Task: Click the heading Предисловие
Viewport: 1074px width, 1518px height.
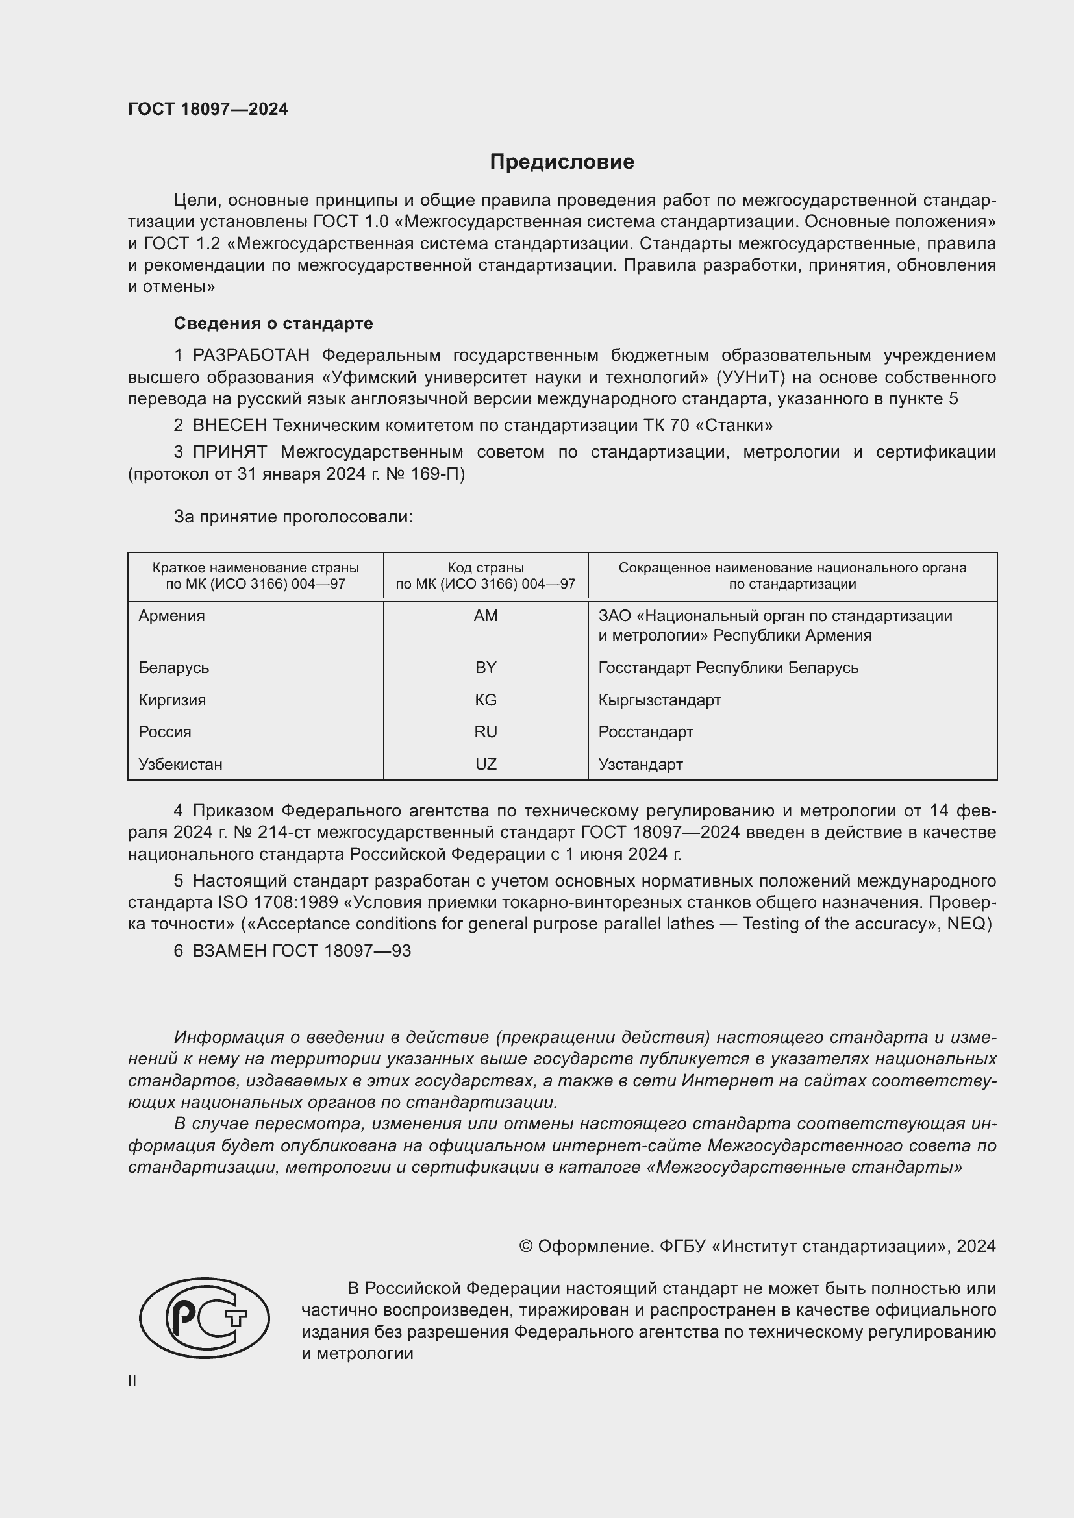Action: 562,162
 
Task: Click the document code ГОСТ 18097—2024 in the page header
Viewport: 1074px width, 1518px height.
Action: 208,109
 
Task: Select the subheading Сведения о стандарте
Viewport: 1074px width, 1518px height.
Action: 273,323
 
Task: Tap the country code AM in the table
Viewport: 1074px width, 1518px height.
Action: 486,615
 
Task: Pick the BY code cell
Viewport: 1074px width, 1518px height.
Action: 486,667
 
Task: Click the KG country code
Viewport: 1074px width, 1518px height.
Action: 486,700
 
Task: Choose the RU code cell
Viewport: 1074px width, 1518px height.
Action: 486,732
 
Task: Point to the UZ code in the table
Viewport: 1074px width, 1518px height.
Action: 486,765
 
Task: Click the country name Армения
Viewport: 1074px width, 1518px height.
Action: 171,615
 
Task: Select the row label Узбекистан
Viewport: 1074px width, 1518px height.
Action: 180,765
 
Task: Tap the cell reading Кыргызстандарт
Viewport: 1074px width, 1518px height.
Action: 659,700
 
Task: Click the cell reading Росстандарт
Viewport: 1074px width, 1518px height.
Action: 645,732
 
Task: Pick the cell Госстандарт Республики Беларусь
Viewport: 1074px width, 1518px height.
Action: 728,667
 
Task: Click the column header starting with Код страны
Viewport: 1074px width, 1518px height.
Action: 486,575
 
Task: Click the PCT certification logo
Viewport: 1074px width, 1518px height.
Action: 205,1317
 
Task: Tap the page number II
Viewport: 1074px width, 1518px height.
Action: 132,1380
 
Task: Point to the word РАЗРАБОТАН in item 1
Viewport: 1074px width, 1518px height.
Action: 251,356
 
